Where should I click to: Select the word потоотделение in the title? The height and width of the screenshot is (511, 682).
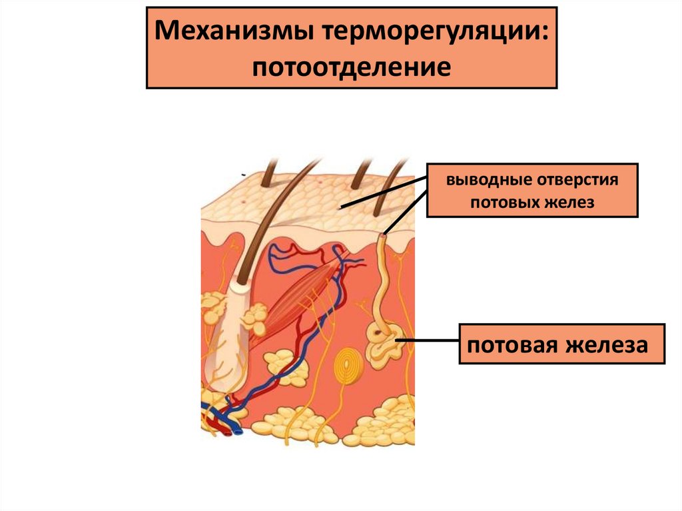pos(351,67)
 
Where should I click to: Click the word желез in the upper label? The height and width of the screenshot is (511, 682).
pos(567,202)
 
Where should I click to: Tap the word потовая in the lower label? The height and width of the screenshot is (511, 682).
pos(512,345)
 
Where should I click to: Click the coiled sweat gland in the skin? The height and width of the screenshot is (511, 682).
pos(383,342)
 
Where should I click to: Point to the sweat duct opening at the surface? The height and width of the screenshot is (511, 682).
pos(384,235)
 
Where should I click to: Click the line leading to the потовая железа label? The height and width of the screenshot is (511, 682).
pos(429,341)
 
